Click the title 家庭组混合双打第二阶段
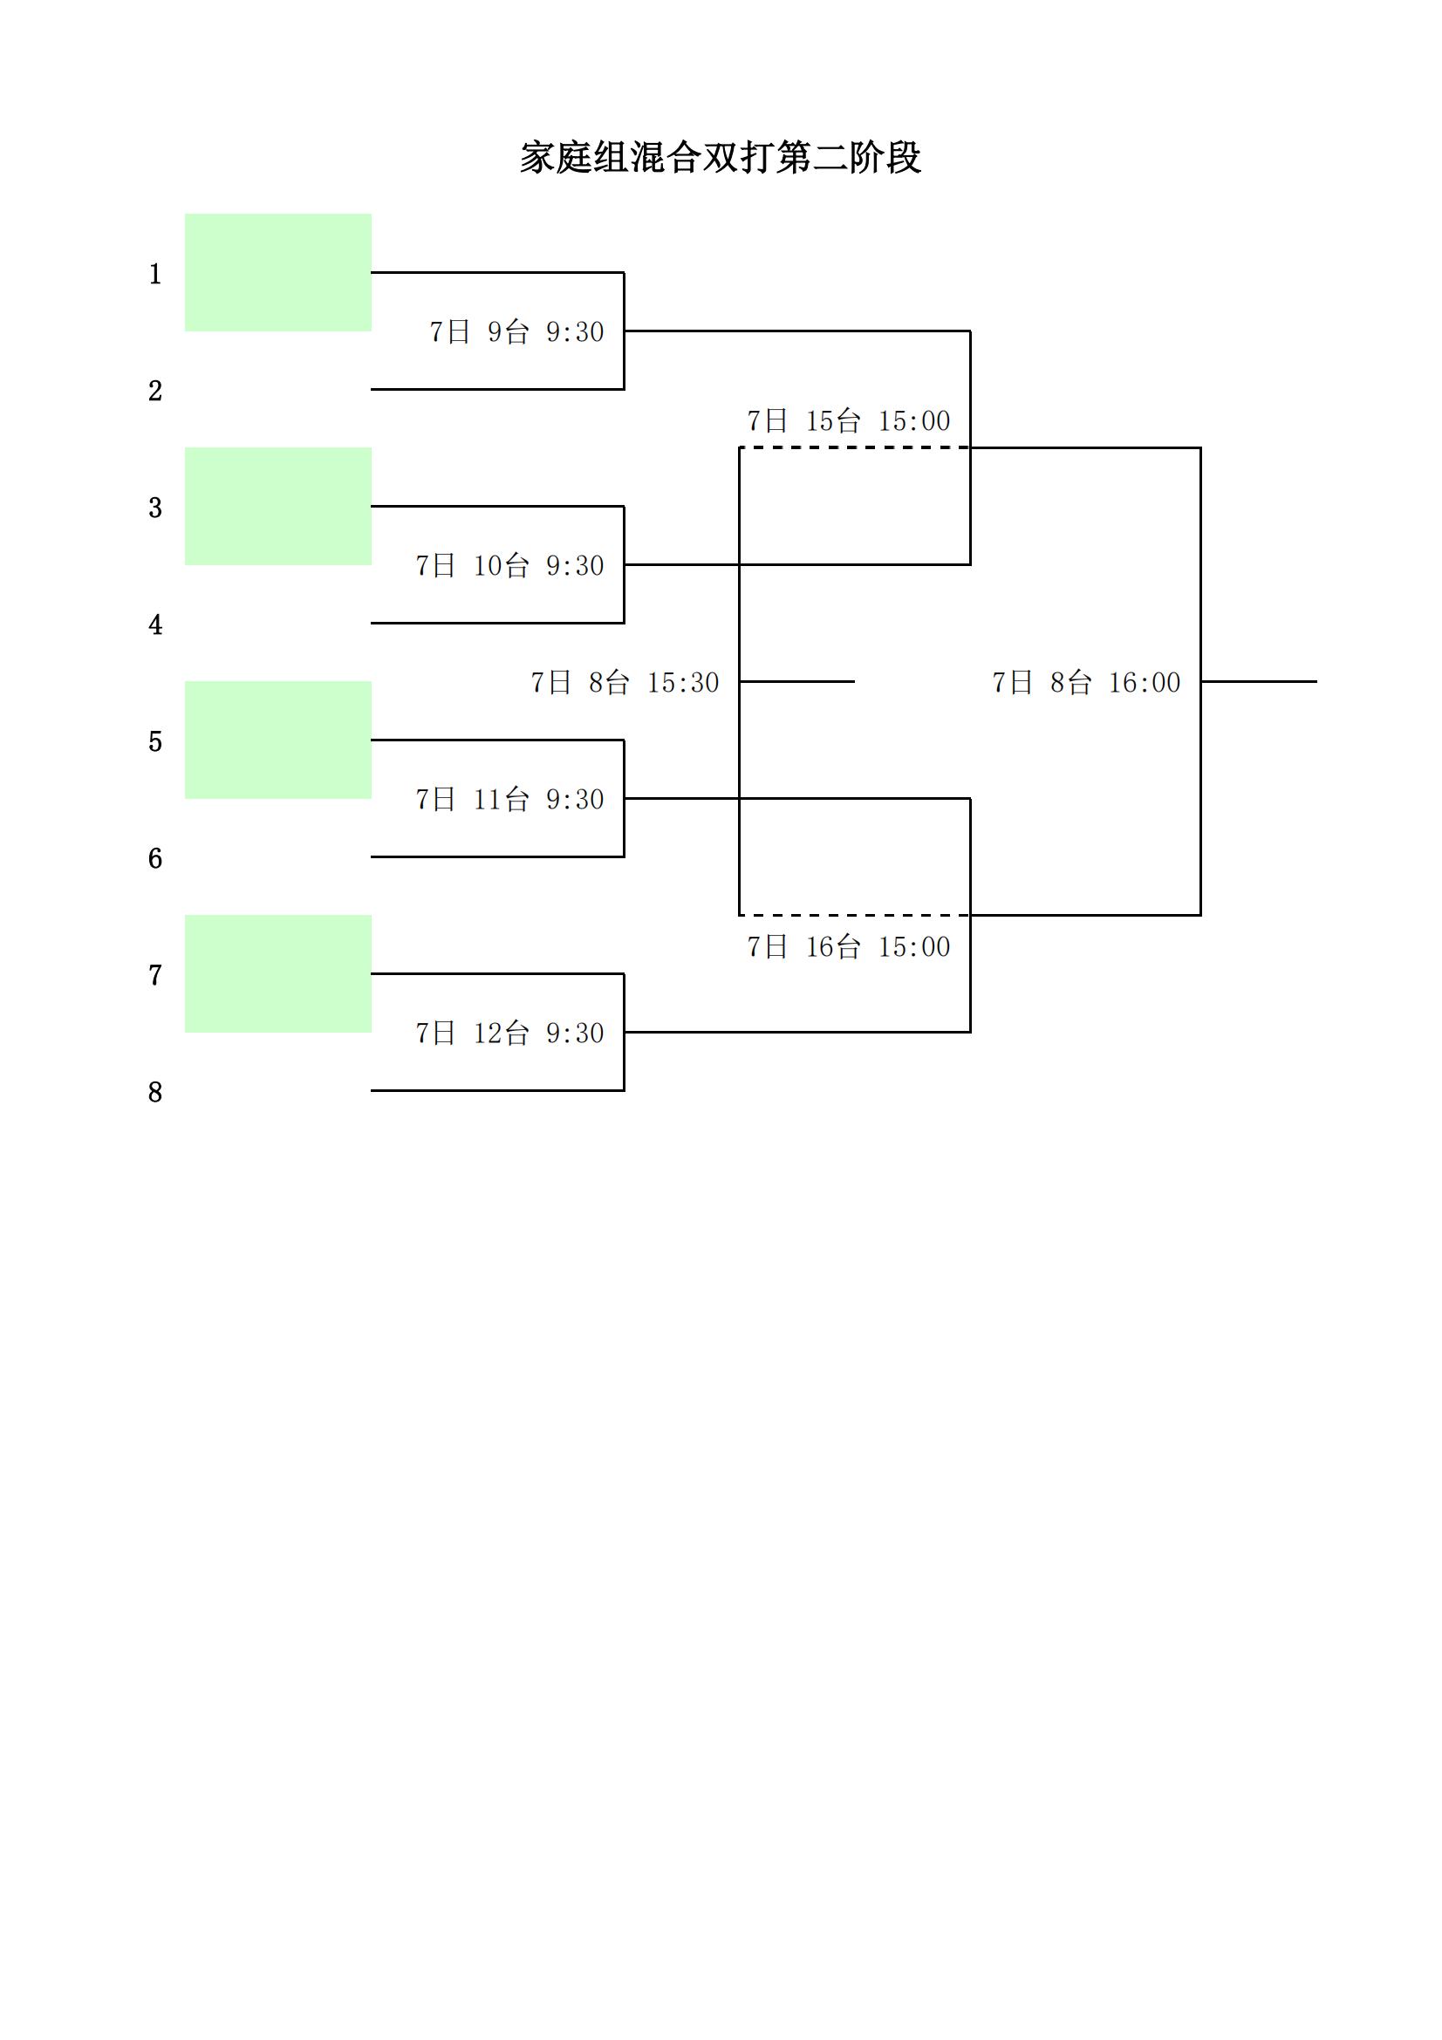click(x=721, y=157)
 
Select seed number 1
click(x=155, y=274)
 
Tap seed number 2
click(x=155, y=390)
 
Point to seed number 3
click(x=155, y=508)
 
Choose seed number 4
click(x=155, y=624)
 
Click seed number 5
click(x=155, y=741)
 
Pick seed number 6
click(x=155, y=857)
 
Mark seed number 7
click(x=155, y=975)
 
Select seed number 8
click(x=155, y=1091)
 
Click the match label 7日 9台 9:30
click(x=516, y=331)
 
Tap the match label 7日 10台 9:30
click(x=509, y=565)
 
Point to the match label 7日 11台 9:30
click(x=509, y=799)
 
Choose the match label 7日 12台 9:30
click(x=509, y=1033)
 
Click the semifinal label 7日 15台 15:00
click(x=849, y=420)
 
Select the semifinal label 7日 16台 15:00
click(x=849, y=946)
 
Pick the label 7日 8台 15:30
click(x=625, y=682)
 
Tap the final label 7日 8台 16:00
click(x=1086, y=682)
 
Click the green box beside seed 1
click(x=278, y=273)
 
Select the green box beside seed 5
click(x=278, y=740)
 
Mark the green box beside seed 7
click(x=278, y=974)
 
